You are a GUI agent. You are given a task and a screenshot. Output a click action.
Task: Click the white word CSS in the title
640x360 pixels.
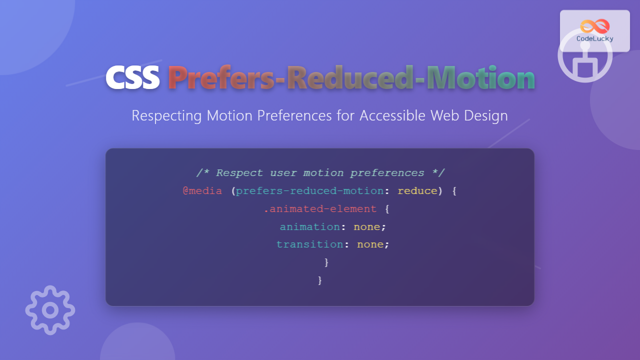point(132,78)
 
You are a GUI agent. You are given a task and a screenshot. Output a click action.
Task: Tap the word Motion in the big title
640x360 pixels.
point(480,78)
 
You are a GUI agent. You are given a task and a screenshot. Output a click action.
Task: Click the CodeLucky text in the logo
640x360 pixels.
point(595,38)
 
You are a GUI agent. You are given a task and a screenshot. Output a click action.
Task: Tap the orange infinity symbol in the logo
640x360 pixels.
point(595,26)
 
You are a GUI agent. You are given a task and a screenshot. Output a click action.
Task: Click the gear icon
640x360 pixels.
point(50,310)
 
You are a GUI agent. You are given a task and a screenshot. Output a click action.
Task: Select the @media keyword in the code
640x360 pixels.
point(202,191)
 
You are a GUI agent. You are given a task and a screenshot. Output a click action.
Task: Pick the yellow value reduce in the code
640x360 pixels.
point(417,191)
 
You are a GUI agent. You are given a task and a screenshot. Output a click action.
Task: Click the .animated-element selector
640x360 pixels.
point(320,209)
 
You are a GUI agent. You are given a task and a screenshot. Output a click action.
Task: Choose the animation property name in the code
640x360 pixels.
point(309,226)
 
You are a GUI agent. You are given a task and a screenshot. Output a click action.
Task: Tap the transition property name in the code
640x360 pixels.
point(309,244)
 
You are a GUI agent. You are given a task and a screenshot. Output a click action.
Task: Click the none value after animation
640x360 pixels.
point(367,226)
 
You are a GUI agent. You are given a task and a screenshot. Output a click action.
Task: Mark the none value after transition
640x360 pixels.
point(370,244)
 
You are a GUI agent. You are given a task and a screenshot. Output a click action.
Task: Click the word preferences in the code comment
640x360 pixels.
point(387,173)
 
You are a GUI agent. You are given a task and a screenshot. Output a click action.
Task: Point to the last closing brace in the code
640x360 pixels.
point(320,280)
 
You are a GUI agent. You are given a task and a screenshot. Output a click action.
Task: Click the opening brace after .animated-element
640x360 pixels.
point(387,209)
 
